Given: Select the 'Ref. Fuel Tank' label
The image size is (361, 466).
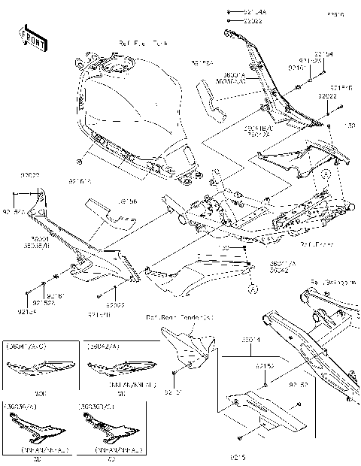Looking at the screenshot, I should pos(142,44).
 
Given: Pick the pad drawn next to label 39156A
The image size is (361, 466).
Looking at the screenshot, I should pos(212,100).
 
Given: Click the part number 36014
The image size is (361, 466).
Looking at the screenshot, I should pos(250,340).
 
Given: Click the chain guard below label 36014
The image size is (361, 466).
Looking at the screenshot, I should pos(256,410).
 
